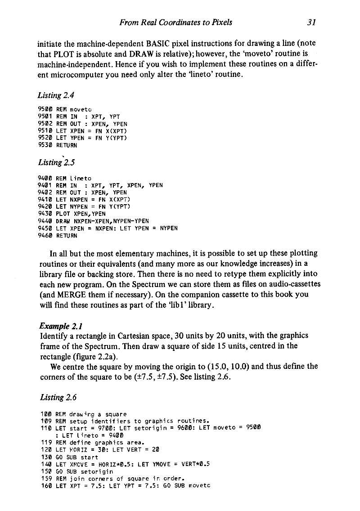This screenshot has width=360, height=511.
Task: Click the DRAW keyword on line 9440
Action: (x=63, y=221)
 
